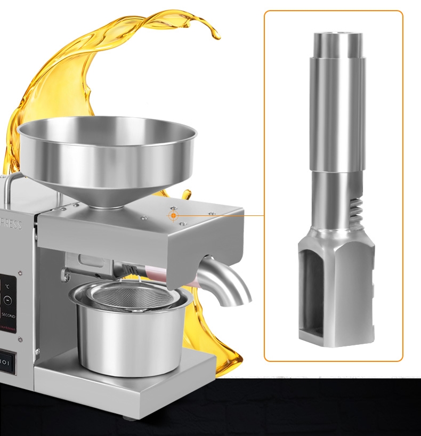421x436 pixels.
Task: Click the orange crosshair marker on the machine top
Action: click(174, 215)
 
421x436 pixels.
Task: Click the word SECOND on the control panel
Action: click(8, 316)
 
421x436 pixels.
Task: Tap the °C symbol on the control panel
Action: click(7, 286)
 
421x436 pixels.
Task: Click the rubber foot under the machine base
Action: click(127, 416)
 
